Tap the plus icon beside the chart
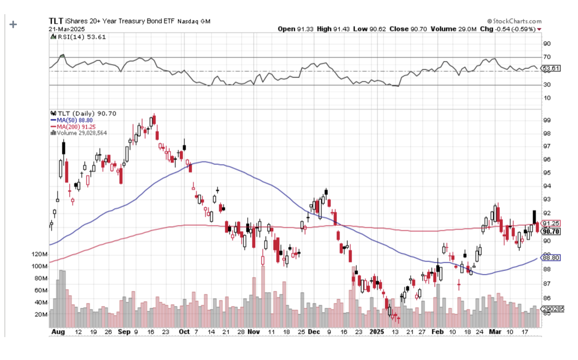click(x=13, y=24)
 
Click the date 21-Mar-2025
click(x=65, y=28)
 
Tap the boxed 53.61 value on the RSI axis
click(x=551, y=69)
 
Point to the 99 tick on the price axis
click(x=546, y=120)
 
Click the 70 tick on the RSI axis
click(x=547, y=57)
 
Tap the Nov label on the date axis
click(x=254, y=331)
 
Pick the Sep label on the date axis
click(x=125, y=331)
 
